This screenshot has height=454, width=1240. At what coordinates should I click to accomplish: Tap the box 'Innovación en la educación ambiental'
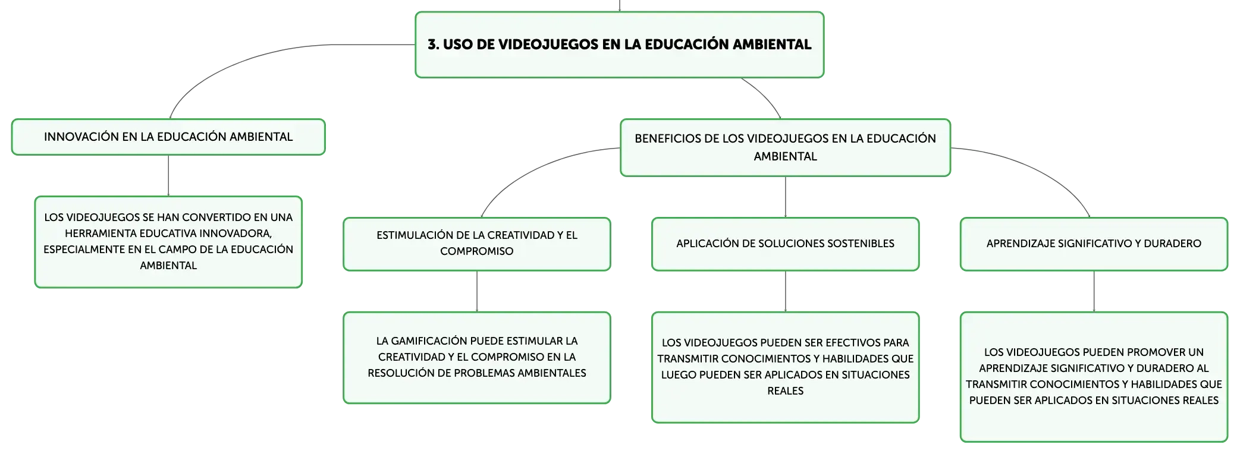point(168,137)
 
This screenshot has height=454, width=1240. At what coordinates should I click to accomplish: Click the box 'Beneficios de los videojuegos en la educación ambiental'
point(785,147)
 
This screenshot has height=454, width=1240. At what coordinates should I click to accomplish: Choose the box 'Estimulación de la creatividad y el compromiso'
point(477,244)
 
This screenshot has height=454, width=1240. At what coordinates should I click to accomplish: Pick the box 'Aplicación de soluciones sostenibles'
point(785,244)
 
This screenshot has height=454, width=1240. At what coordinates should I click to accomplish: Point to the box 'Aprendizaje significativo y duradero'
point(1094,244)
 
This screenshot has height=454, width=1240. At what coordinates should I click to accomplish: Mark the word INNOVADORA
point(242,234)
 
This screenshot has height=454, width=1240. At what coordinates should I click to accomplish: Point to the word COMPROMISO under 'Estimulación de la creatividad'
point(477,251)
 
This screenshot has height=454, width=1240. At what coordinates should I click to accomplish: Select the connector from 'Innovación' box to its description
point(168,176)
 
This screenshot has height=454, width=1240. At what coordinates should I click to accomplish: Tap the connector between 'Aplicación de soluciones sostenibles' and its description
point(785,292)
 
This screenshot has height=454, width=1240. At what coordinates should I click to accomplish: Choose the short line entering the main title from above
point(619,5)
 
